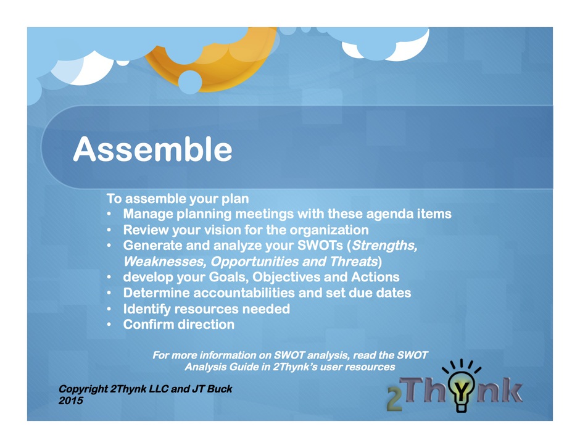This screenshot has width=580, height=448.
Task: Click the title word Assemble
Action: (x=152, y=149)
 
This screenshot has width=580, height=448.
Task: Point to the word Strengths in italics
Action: (x=384, y=246)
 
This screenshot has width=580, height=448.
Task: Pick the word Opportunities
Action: (x=254, y=262)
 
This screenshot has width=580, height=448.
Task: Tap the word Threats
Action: (x=354, y=262)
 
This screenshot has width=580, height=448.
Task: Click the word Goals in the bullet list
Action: (x=228, y=277)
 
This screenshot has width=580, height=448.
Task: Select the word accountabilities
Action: (x=244, y=293)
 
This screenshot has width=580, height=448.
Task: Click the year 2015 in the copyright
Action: (x=71, y=400)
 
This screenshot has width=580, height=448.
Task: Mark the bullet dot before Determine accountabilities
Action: (x=109, y=293)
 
